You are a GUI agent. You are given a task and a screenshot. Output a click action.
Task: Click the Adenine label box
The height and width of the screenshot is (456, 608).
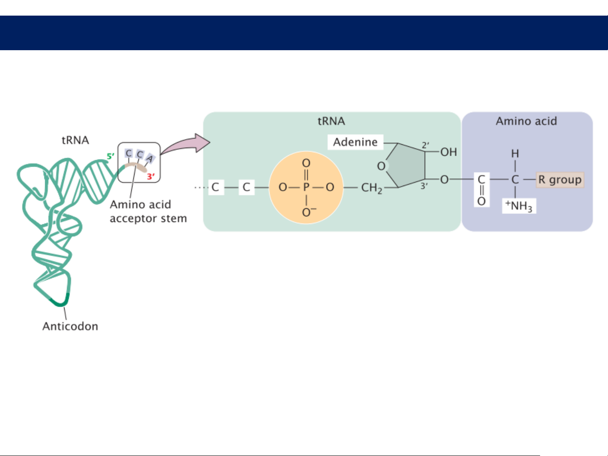[355, 142]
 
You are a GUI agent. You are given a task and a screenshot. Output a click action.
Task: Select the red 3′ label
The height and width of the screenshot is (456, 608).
[151, 177]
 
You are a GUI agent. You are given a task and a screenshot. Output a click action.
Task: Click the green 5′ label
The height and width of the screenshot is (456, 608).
[110, 156]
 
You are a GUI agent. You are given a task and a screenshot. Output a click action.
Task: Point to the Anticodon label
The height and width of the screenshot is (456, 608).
[70, 326]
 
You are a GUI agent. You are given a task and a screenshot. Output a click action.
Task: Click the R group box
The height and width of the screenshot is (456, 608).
[560, 180]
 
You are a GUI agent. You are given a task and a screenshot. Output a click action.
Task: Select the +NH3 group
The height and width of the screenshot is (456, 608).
[519, 206]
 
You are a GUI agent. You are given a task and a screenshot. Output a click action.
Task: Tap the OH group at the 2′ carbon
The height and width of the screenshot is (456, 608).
[449, 152]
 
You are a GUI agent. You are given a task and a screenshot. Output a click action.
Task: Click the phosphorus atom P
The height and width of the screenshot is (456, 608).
[306, 187]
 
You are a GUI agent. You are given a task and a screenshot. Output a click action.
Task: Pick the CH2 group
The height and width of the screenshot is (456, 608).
[371, 188]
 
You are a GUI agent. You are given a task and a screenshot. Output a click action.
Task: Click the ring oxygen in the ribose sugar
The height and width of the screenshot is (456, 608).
[381, 166]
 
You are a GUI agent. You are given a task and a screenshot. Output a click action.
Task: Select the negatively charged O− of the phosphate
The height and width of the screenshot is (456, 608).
[308, 212]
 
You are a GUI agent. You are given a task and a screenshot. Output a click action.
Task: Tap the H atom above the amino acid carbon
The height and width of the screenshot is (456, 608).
[515, 154]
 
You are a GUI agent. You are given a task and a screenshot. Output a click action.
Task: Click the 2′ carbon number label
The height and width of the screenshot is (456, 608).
[425, 146]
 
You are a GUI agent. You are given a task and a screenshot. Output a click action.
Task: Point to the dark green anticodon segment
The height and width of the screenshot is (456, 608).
[59, 302]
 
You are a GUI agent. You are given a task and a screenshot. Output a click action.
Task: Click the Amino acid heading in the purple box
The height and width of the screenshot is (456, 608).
[526, 121]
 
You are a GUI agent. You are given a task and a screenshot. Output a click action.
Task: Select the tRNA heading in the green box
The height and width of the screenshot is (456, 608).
[331, 121]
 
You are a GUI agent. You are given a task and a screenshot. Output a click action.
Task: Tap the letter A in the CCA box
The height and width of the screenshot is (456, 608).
[150, 159]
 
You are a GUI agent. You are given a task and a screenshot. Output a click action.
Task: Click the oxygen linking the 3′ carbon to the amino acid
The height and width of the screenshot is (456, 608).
[444, 180]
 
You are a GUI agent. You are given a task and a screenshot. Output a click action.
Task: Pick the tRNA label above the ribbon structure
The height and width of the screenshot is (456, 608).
[75, 140]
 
